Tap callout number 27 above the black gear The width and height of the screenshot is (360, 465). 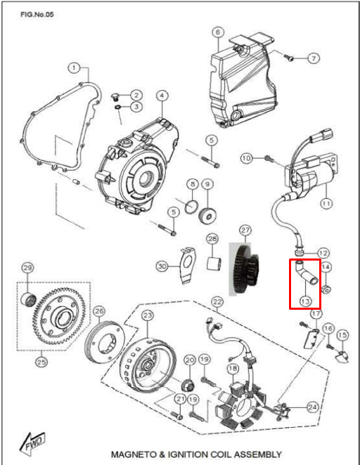pyautogui.click(x=245, y=230)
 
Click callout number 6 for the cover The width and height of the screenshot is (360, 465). pyautogui.click(x=218, y=32)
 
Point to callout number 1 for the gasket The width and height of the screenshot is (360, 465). pyautogui.click(x=74, y=68)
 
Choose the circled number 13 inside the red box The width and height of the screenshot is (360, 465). pyautogui.click(x=305, y=301)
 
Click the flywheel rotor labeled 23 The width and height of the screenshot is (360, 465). pyautogui.click(x=148, y=364)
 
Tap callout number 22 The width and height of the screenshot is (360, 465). pyautogui.click(x=217, y=302)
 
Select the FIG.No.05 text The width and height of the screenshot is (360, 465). pyautogui.click(x=37, y=14)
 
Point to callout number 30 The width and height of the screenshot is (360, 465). pyautogui.click(x=162, y=266)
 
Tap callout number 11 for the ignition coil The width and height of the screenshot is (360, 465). pyautogui.click(x=326, y=204)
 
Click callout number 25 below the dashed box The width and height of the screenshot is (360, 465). pyautogui.click(x=41, y=362)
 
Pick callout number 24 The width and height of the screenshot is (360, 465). pyautogui.click(x=312, y=407)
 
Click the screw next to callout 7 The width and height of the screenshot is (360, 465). pyautogui.click(x=289, y=57)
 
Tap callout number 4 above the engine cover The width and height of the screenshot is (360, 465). pyautogui.click(x=162, y=96)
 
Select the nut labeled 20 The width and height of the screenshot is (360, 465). pyautogui.click(x=188, y=385)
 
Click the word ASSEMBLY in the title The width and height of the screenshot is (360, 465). pyautogui.click(x=255, y=454)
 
